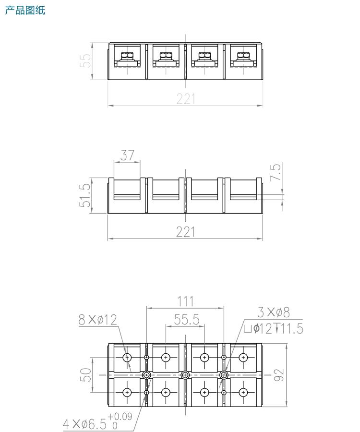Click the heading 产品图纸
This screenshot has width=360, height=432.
25,10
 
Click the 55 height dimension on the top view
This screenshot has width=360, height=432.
85,60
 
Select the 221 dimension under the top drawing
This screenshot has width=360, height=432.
186,98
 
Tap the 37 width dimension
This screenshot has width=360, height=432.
127,155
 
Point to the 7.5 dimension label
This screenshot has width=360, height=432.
276,172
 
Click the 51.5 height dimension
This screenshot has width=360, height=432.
84,195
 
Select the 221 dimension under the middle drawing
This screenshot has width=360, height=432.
186,232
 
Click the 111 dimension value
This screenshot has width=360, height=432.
185,301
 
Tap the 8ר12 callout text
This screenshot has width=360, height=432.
97,320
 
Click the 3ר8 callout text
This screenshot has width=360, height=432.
274,312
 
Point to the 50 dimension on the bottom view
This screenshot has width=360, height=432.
85,374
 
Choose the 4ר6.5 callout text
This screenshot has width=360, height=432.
84,424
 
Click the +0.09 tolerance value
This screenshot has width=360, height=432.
120,416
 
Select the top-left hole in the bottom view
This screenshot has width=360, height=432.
127,357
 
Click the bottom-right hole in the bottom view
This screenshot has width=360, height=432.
244,392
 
